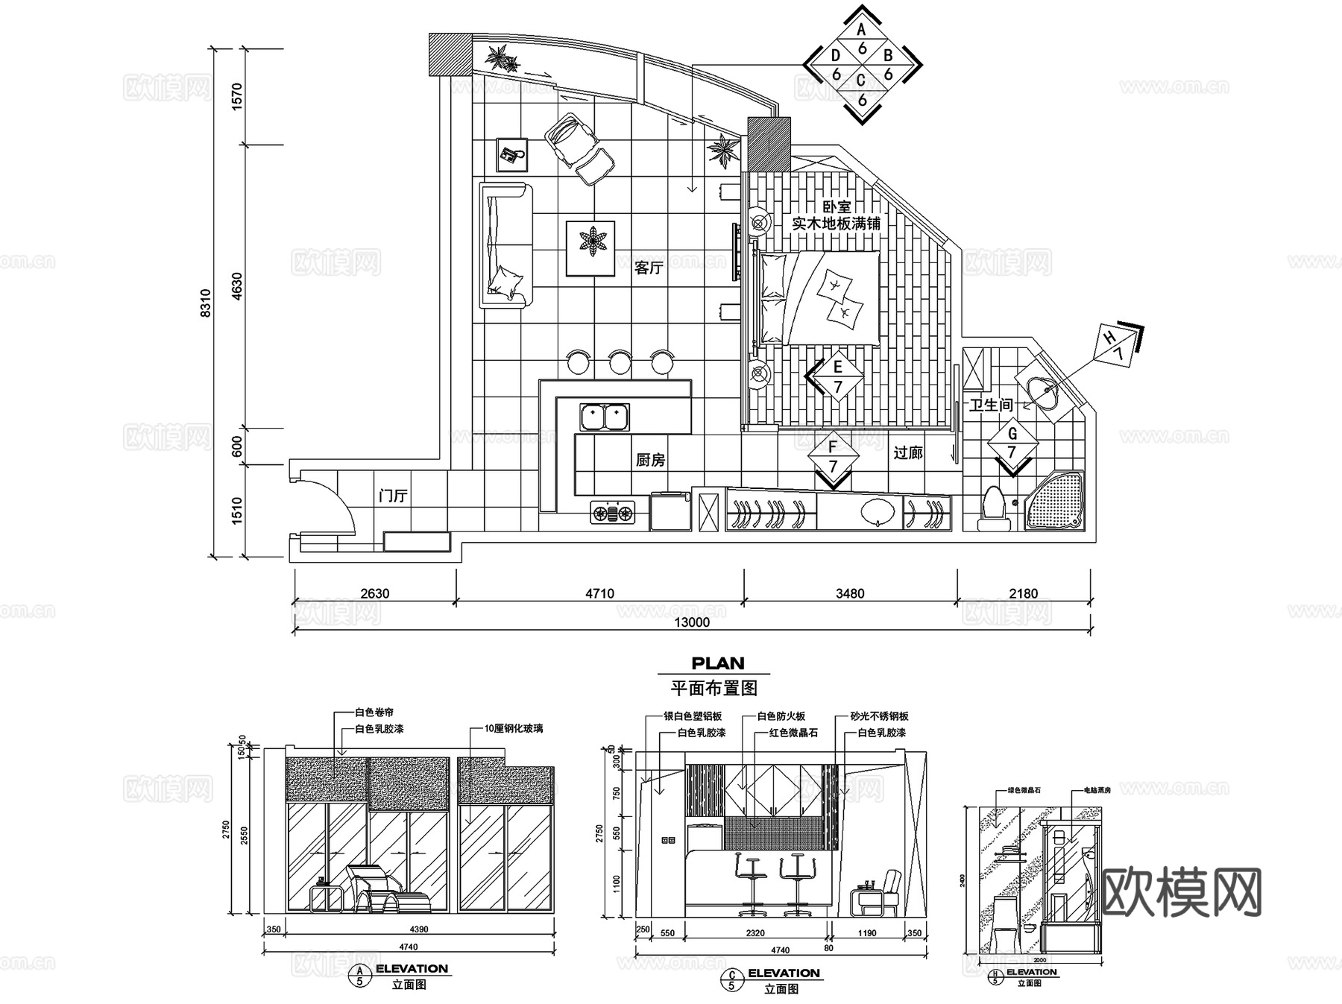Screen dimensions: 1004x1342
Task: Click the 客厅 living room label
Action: point(648,268)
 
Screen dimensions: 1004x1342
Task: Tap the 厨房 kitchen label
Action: point(650,460)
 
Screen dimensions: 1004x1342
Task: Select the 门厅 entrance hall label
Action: point(393,495)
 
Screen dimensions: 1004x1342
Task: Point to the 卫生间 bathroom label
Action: point(991,405)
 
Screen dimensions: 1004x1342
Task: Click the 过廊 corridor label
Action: point(908,452)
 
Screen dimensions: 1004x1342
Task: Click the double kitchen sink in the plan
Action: point(605,417)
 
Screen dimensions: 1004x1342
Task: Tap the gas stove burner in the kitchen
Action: point(612,512)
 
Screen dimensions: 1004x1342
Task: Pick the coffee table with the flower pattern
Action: point(590,247)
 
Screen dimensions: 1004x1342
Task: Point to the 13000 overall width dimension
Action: point(691,622)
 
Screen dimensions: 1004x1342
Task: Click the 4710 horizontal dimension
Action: point(599,593)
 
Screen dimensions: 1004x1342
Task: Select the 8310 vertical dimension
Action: point(206,303)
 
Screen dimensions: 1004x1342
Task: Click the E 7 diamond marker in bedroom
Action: point(837,376)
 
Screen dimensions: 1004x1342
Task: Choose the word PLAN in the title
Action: point(717,663)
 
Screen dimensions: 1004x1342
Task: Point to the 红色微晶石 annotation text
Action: point(793,733)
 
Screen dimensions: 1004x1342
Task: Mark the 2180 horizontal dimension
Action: point(1023,593)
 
